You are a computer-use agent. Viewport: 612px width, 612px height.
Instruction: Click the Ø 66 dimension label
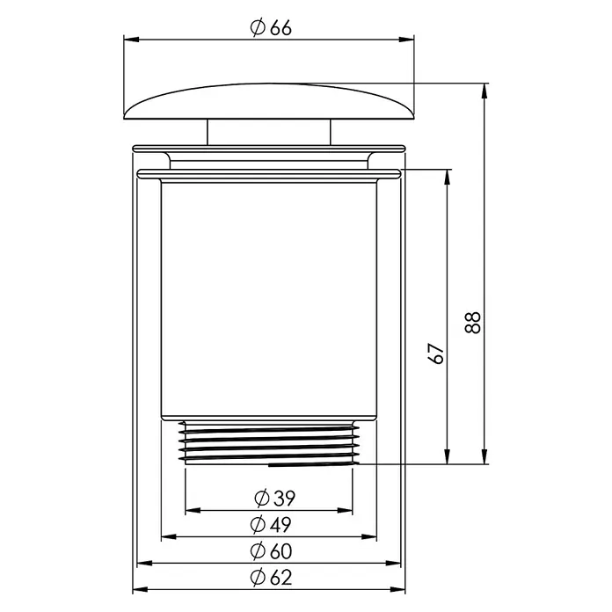coord(271,28)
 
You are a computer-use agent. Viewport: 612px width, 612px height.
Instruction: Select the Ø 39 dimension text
coord(274,498)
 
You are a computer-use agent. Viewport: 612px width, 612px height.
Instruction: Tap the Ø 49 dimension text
coord(271,525)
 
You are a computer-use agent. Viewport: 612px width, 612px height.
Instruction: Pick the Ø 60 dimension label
coord(271,551)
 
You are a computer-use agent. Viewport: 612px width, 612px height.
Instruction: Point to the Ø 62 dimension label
coord(271,578)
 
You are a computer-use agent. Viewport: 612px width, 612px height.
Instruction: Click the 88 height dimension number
coord(473,323)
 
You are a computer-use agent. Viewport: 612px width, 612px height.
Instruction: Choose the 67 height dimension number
coord(436,353)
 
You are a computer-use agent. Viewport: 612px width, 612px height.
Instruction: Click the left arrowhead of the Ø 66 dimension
coord(132,40)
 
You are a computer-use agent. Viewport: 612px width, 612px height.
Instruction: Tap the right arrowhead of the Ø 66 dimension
coord(406,40)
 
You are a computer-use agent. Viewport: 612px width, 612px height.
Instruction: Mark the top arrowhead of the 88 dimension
coord(484,91)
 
